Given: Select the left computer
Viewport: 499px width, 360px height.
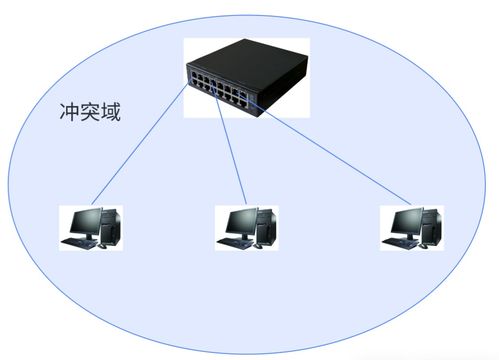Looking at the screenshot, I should (x=91, y=227).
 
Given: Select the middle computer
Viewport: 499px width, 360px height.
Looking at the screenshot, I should (x=246, y=227).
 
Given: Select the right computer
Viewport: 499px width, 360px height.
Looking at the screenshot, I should (x=411, y=227).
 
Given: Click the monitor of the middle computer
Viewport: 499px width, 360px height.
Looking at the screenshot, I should (x=237, y=222).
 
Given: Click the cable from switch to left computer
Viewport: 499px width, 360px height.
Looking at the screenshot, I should (x=140, y=149).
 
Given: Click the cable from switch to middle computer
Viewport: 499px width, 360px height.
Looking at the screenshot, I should (x=230, y=150).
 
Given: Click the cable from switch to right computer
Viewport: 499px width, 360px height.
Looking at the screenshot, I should (x=330, y=150).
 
